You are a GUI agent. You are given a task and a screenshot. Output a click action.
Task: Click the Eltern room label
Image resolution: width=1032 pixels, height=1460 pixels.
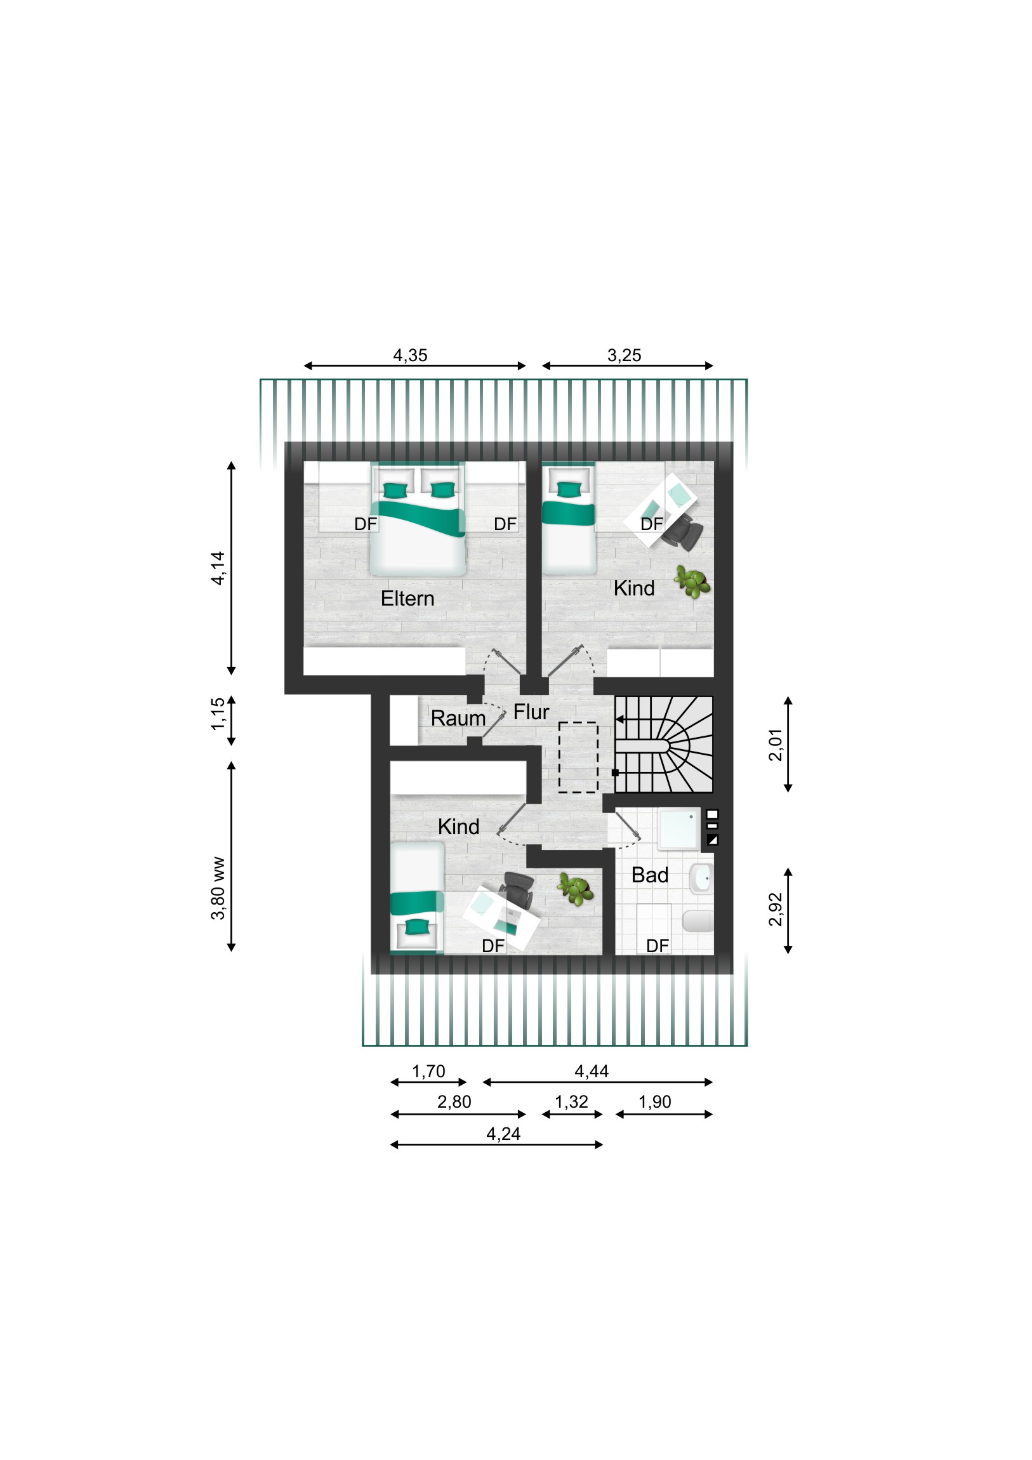click(x=407, y=599)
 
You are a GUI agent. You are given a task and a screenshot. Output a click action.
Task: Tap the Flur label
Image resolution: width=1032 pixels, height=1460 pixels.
click(x=531, y=712)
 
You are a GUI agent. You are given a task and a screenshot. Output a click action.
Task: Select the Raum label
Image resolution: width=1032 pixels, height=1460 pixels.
click(x=458, y=718)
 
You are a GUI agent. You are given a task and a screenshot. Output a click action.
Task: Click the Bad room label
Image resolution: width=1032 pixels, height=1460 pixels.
click(x=649, y=875)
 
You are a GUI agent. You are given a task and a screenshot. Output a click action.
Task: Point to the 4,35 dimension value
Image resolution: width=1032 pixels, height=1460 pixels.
click(x=410, y=355)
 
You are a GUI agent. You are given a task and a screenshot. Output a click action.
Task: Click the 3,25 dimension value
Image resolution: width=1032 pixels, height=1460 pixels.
click(x=624, y=355)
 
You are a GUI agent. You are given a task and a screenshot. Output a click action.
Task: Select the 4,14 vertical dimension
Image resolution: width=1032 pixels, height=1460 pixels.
click(x=218, y=568)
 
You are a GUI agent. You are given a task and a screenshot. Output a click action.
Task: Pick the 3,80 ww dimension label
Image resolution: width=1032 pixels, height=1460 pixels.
click(x=218, y=888)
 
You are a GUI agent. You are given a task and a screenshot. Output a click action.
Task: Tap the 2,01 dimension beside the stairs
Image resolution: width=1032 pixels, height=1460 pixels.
click(x=776, y=745)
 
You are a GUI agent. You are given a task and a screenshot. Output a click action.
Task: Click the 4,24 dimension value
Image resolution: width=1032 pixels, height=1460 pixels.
click(x=503, y=1134)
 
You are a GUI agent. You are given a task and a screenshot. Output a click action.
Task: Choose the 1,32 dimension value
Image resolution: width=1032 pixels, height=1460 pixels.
click(x=571, y=1101)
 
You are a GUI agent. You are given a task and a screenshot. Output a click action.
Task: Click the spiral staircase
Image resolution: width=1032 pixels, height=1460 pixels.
click(x=664, y=744)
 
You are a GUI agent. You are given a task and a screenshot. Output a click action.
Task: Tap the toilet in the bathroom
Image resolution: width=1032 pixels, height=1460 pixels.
click(x=698, y=920)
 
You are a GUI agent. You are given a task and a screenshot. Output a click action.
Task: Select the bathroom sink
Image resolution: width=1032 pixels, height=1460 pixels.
click(x=701, y=878)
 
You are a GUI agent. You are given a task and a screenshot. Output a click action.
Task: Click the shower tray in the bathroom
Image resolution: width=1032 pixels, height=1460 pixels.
click(x=679, y=828)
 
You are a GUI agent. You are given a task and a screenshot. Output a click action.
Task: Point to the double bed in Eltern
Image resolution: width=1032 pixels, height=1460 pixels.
click(x=418, y=519)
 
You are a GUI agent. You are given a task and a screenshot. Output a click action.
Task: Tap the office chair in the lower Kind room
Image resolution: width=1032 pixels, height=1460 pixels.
click(x=519, y=889)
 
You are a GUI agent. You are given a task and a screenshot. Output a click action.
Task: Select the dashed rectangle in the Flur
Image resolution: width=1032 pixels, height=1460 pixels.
click(x=578, y=757)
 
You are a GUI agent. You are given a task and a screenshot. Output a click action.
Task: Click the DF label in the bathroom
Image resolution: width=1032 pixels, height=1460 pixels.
click(x=657, y=946)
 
